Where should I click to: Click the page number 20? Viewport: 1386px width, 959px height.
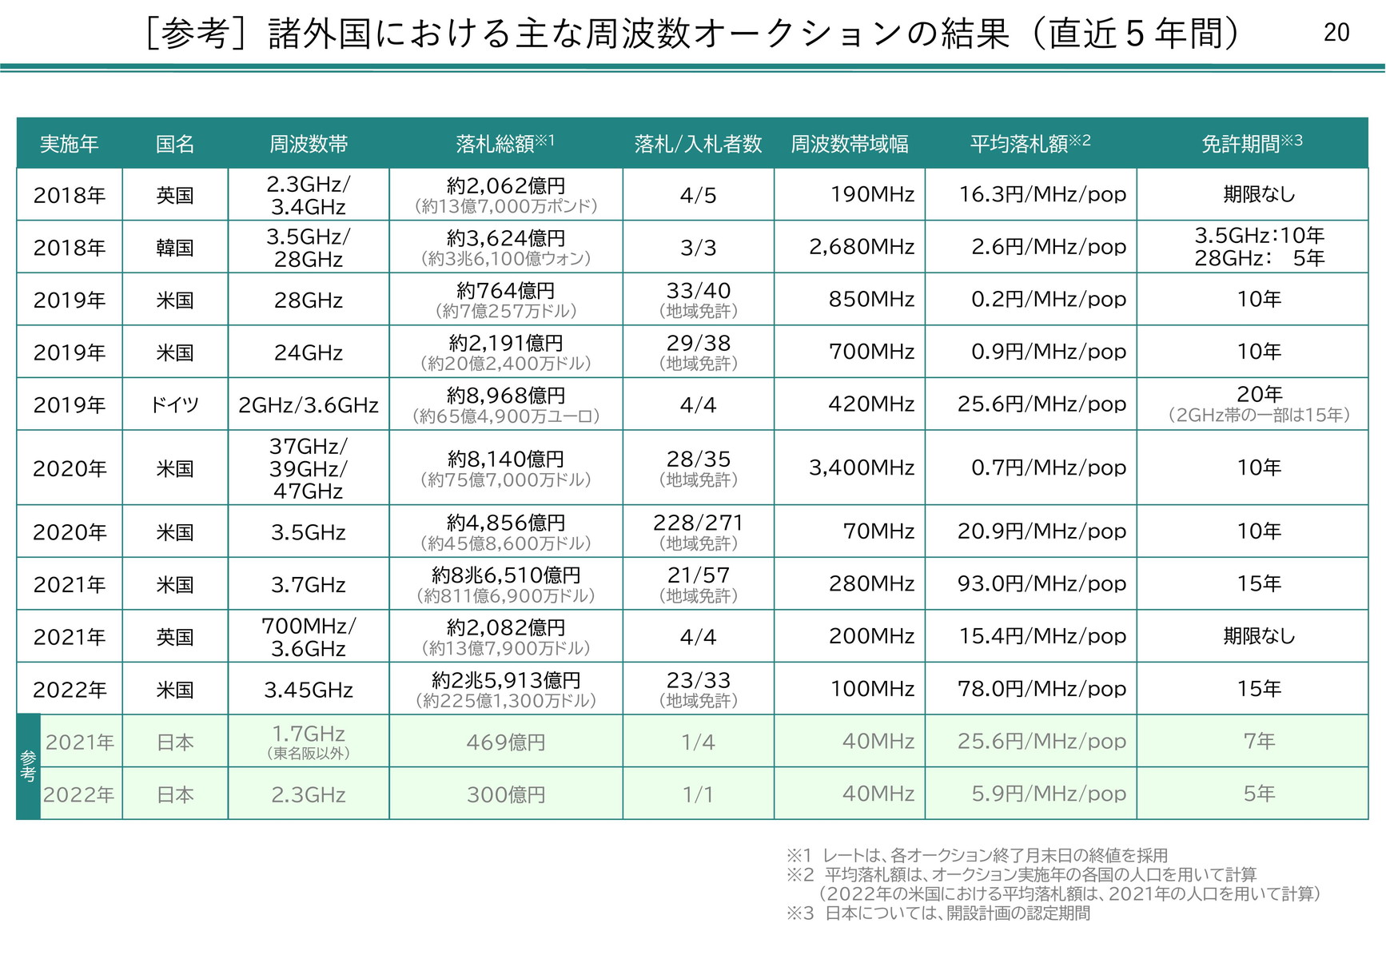[1336, 33]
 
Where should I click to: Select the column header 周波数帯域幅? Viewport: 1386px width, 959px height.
[849, 144]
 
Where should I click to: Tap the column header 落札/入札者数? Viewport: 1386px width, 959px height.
[698, 144]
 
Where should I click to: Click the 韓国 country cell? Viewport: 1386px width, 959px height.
[175, 248]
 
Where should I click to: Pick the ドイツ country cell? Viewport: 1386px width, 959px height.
[175, 405]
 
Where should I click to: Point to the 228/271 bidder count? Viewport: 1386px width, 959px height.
[698, 523]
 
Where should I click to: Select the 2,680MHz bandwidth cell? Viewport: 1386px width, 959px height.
[862, 247]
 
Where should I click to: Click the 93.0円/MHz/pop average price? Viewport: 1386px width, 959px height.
[1041, 584]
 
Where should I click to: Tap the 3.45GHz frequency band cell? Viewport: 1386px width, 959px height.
[309, 690]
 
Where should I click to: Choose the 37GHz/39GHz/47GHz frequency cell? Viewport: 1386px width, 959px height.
[309, 468]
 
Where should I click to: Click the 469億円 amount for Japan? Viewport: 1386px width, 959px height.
[506, 742]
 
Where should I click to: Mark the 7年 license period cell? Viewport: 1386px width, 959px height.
[1259, 742]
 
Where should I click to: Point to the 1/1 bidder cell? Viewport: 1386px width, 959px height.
[698, 794]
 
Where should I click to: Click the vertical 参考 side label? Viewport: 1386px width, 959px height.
[28, 766]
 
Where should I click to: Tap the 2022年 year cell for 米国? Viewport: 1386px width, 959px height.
[70, 690]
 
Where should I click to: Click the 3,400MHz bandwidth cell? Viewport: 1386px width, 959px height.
[862, 468]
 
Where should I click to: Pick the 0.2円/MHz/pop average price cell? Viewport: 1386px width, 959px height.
[1048, 300]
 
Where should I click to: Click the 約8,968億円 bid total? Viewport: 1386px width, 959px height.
[506, 396]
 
